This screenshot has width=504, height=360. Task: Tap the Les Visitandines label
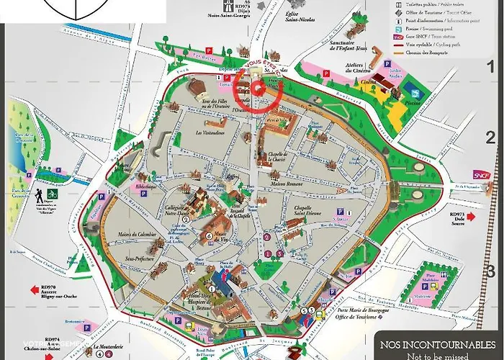[x=210, y=132]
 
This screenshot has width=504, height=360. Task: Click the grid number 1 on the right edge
[x=491, y=68]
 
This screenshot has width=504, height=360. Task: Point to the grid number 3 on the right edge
[x=491, y=271]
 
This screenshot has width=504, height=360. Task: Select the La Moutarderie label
[x=107, y=344]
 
